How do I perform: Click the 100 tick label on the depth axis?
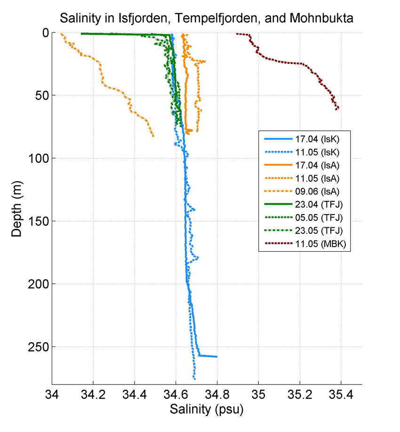pos(36,159)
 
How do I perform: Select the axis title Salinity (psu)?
pos(207,409)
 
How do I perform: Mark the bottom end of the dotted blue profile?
pos(194,378)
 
